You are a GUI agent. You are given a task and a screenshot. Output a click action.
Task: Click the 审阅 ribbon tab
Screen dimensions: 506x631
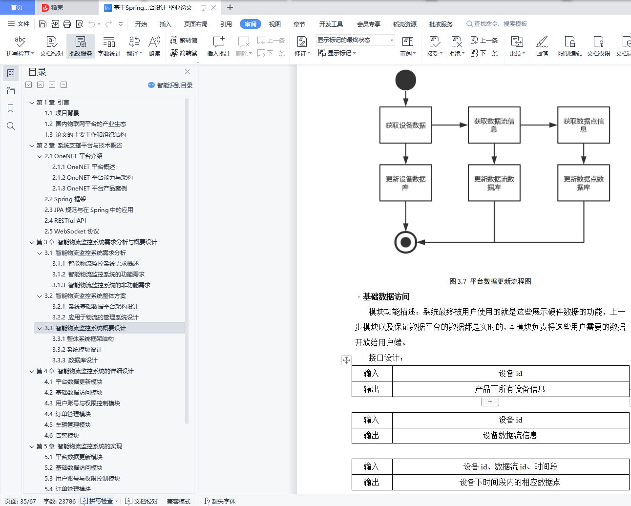click(251, 24)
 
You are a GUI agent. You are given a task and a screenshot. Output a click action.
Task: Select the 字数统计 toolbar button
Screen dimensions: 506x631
click(109, 46)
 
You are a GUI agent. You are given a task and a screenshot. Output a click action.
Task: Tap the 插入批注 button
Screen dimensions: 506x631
click(218, 46)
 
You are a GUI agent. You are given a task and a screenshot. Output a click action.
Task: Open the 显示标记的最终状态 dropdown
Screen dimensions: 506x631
click(355, 40)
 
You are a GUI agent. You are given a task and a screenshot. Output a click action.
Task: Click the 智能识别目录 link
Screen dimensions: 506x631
click(170, 85)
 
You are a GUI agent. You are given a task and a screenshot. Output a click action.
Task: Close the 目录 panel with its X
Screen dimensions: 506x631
click(187, 72)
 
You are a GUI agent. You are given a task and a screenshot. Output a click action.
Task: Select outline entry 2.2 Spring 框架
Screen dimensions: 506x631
click(65, 199)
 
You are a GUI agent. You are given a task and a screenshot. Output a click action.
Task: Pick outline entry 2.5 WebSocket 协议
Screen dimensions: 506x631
click(72, 231)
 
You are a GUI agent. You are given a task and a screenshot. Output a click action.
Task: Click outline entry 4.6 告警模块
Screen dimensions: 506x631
click(62, 435)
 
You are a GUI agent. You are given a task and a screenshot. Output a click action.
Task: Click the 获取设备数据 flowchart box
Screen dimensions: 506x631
click(405, 125)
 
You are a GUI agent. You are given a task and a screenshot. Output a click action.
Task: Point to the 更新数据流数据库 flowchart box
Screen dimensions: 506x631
click(494, 183)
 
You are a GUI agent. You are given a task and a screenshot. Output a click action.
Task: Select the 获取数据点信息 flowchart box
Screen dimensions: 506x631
click(583, 125)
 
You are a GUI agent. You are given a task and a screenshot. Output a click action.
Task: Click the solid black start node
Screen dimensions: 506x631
click(405, 80)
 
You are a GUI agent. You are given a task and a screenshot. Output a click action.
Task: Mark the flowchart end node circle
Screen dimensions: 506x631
click(405, 242)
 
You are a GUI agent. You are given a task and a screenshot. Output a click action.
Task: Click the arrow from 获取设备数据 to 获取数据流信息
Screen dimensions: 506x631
click(449, 125)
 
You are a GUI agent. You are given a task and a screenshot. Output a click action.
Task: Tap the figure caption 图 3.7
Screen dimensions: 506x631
click(490, 281)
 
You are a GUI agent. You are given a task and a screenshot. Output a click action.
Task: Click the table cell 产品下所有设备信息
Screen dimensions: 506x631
click(510, 389)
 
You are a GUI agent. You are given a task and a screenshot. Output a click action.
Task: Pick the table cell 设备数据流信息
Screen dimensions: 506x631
click(510, 435)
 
